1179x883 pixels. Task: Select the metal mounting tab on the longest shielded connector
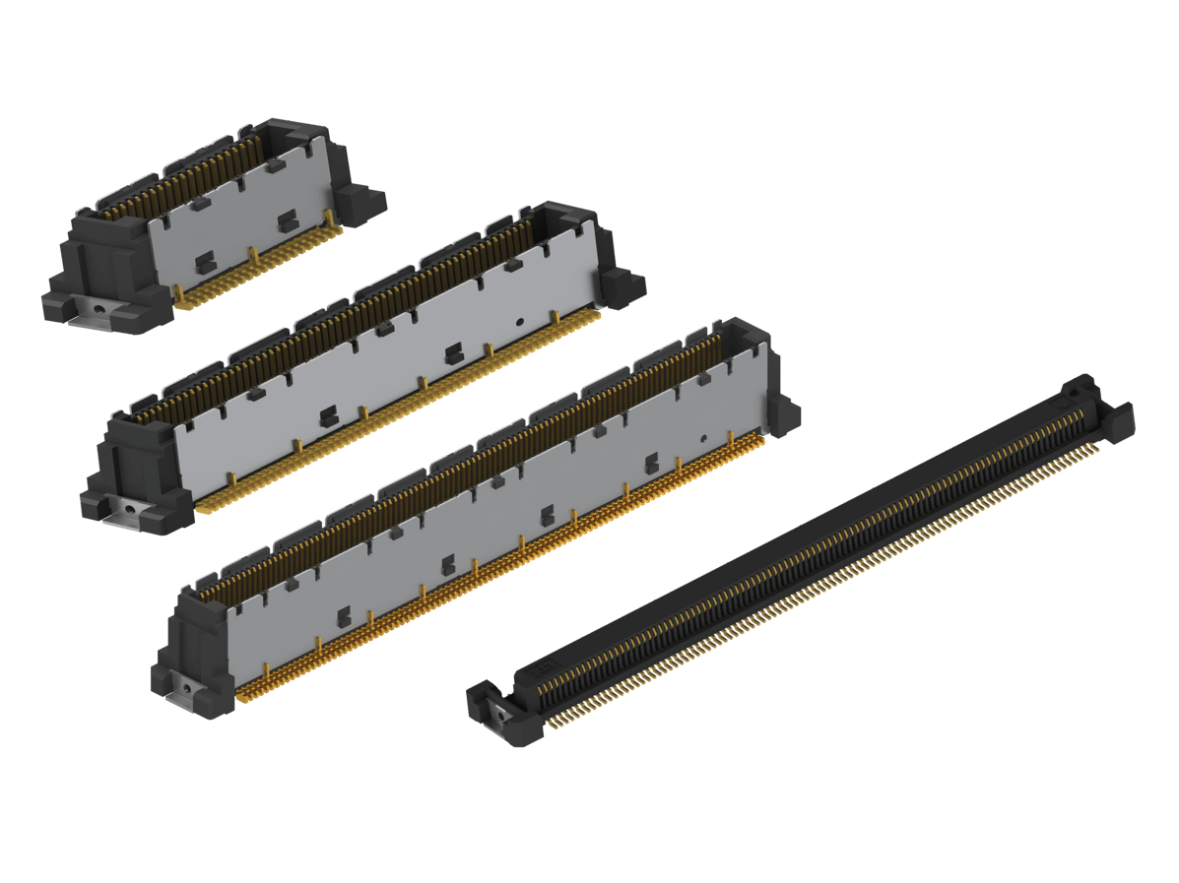tap(187, 685)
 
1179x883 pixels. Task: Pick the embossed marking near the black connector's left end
tap(545, 672)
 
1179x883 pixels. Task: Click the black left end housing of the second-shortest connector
tap(138, 463)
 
